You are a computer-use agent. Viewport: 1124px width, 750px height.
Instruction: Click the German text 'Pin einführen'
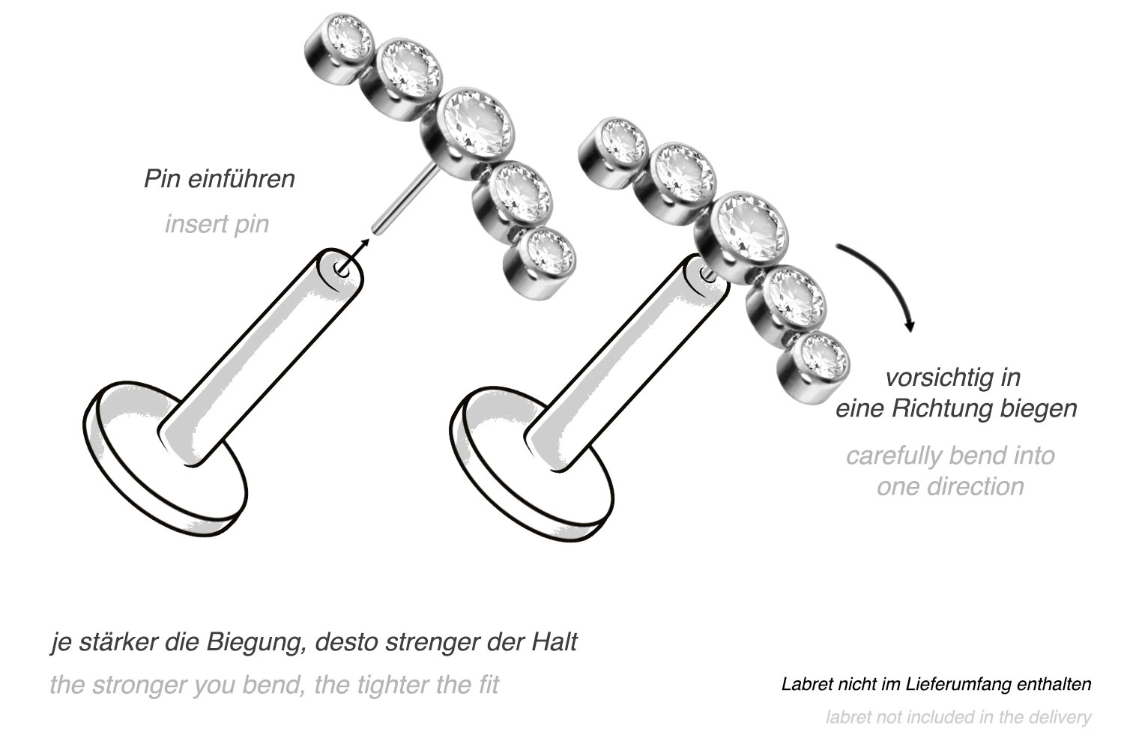pyautogui.click(x=220, y=179)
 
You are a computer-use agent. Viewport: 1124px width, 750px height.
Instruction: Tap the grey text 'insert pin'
pyautogui.click(x=217, y=224)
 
